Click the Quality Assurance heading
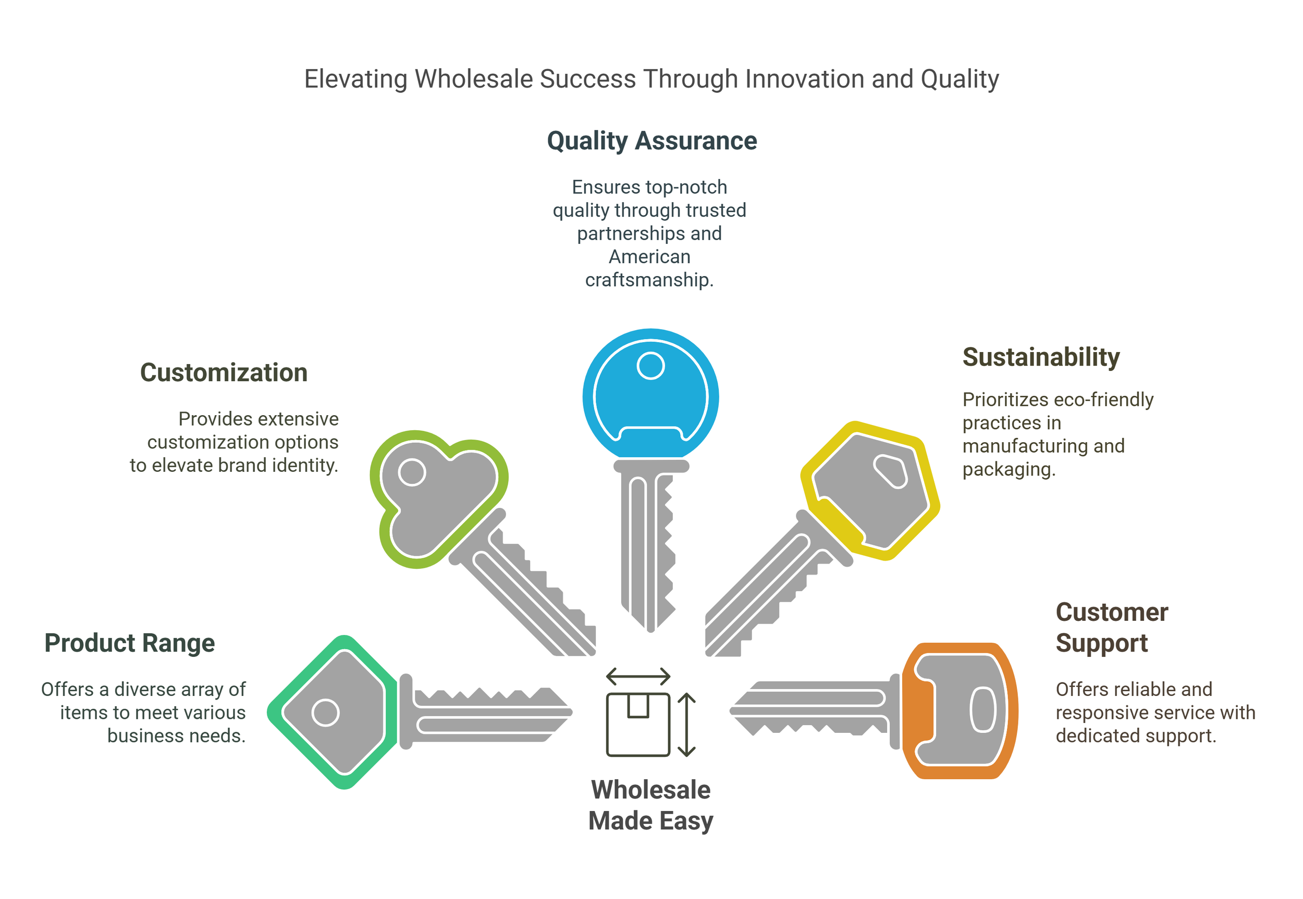(651, 141)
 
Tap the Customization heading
(224, 372)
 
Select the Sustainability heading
(1041, 357)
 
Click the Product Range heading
(130, 643)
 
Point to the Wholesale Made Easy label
(650, 805)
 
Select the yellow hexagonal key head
(871, 490)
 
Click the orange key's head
(961, 710)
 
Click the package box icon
(638, 725)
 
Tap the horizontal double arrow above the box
(638, 676)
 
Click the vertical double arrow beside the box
(686, 725)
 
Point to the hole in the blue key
(650, 366)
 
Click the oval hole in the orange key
(983, 710)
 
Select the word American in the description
(649, 257)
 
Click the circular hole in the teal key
(325, 713)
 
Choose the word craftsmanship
(649, 280)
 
